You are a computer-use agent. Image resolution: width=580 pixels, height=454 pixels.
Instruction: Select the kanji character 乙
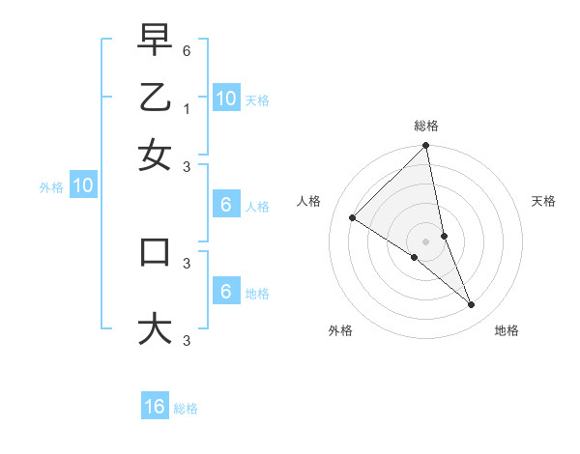click(156, 98)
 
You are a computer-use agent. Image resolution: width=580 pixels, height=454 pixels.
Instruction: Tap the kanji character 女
click(156, 155)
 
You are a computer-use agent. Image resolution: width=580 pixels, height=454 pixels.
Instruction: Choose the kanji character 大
click(156, 327)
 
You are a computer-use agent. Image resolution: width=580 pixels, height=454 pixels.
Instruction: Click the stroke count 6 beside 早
click(187, 47)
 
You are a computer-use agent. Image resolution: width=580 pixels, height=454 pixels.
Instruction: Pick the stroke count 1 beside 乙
click(187, 108)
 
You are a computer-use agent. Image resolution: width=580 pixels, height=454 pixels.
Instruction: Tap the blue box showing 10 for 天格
click(225, 99)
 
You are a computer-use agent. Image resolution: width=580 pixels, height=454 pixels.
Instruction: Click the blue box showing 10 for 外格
click(83, 186)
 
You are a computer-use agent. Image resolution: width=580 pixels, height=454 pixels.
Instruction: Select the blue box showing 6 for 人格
click(225, 205)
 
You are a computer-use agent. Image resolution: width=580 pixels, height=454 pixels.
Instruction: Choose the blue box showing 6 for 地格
click(225, 293)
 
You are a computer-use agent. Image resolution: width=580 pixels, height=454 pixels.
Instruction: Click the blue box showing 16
click(155, 407)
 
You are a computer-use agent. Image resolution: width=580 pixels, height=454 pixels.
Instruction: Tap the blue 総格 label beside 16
click(186, 409)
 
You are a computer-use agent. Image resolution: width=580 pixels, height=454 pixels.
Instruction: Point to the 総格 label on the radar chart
click(426, 126)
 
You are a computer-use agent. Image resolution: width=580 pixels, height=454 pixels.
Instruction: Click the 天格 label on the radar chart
click(544, 201)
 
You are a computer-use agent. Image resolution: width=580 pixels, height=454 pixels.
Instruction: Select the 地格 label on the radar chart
click(507, 330)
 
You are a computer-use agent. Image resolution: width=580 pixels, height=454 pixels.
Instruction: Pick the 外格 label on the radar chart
click(340, 330)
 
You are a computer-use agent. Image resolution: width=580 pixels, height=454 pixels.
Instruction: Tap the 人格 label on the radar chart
click(308, 201)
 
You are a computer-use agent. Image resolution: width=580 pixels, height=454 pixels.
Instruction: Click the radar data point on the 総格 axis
click(426, 147)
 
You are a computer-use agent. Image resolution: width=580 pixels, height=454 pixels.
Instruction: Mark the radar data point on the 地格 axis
click(472, 305)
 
